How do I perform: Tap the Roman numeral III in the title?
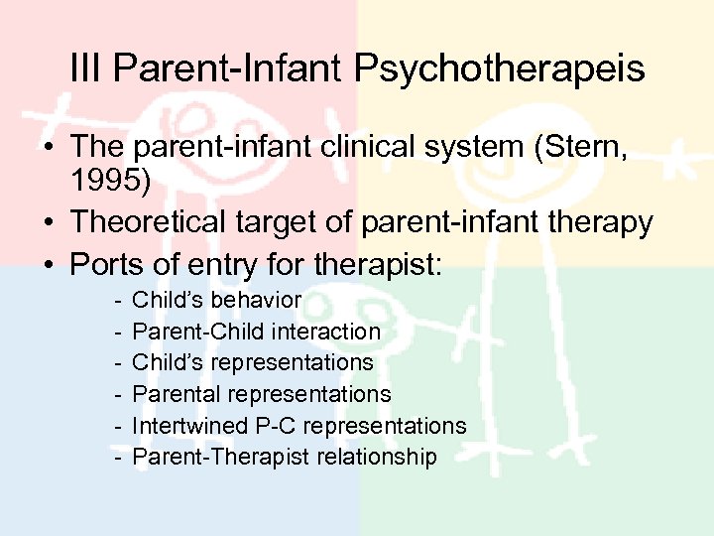87,69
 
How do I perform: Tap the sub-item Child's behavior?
216,300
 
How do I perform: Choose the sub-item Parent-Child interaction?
256,332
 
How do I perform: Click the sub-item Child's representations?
252,362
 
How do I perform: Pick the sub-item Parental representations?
261,394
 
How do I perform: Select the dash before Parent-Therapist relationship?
118,458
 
